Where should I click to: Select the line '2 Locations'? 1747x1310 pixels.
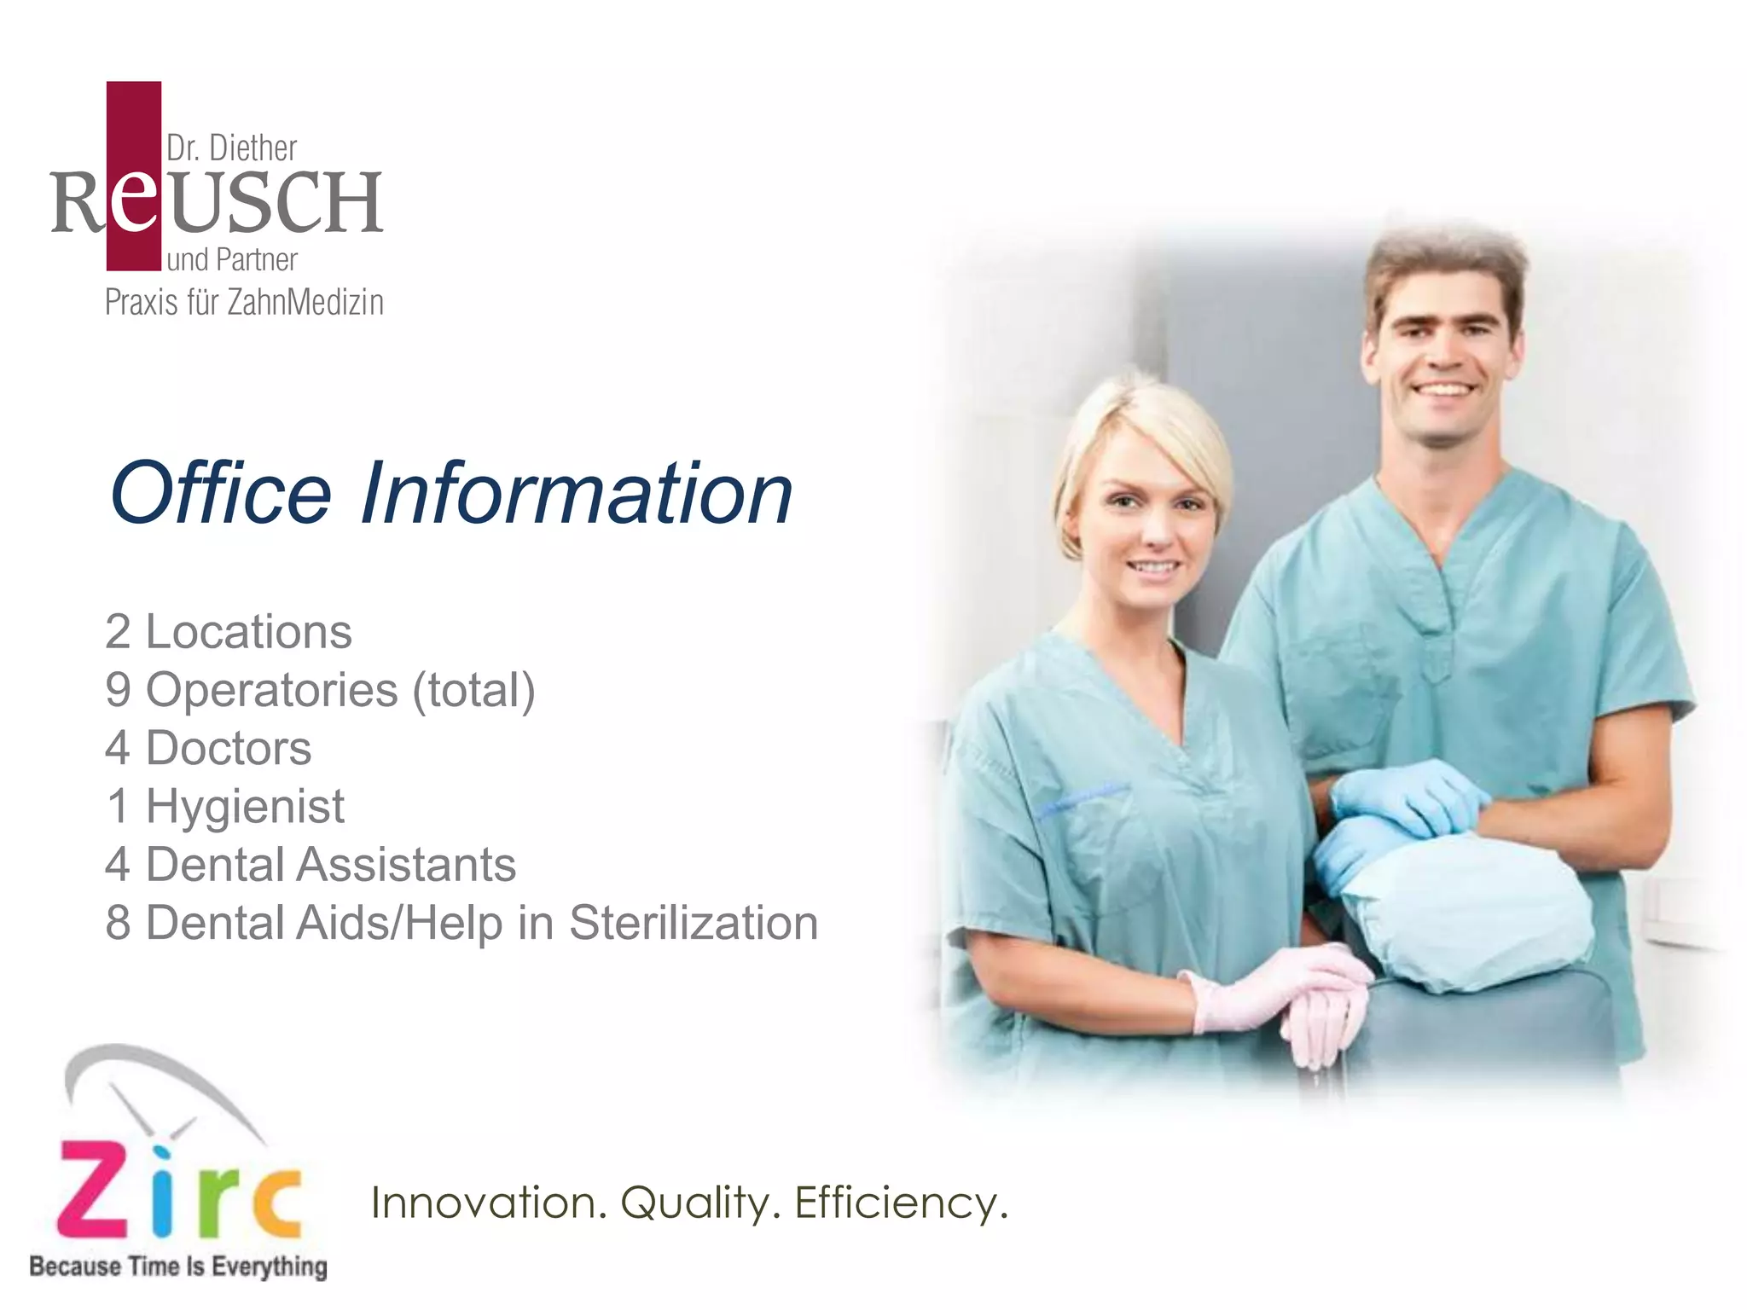[228, 632]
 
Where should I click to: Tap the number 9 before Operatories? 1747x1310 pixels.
[118, 690]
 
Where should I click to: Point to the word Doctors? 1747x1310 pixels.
[229, 748]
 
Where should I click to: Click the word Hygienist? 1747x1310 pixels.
[245, 807]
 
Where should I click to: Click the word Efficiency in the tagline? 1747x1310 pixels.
[901, 1204]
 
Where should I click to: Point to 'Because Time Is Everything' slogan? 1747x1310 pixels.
[178, 1267]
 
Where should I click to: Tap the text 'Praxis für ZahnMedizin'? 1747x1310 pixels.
[244, 303]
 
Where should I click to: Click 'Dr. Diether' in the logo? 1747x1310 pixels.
[231, 148]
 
